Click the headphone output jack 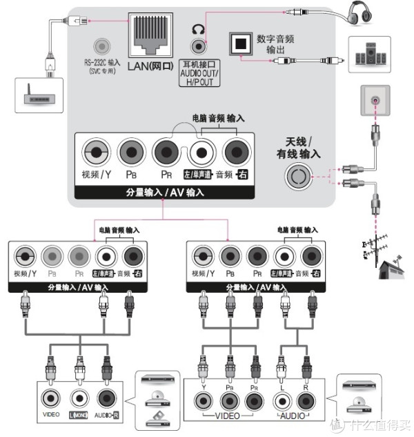point(199,47)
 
